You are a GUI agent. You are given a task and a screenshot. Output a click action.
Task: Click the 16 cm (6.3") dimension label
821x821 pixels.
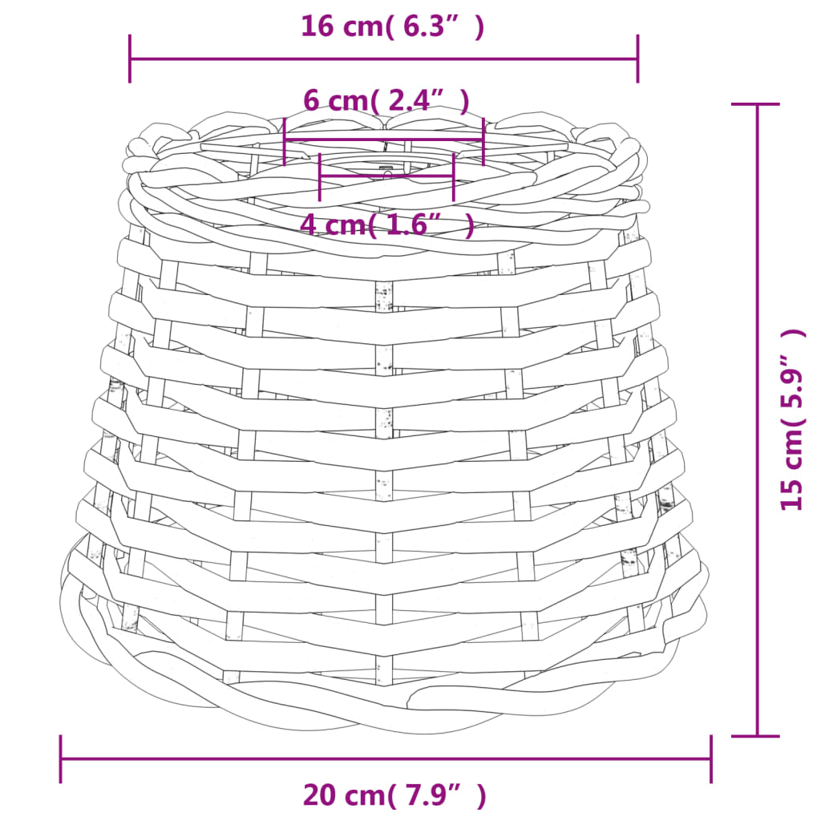(392, 26)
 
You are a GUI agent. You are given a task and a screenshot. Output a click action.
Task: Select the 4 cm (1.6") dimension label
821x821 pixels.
(386, 224)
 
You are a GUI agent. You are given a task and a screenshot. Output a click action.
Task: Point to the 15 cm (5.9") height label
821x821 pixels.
(792, 419)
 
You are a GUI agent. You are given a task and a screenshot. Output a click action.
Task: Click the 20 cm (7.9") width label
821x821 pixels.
(394, 795)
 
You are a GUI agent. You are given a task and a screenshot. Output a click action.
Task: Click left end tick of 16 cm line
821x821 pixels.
(130, 59)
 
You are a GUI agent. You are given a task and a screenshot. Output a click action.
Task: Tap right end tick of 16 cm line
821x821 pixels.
(637, 59)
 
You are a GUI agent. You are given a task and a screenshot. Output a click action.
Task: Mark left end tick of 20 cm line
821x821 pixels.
(61, 758)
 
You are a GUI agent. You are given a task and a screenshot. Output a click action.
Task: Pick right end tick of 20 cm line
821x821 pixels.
(710, 758)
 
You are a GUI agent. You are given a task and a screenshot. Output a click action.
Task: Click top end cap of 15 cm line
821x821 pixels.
(756, 104)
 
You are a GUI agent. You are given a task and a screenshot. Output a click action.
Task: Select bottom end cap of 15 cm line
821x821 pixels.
(756, 735)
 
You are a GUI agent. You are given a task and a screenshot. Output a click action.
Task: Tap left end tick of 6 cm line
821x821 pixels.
(285, 141)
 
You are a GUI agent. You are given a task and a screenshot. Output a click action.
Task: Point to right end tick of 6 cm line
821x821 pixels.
(483, 141)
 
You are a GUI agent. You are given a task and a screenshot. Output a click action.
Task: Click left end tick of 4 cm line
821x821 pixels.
(320, 176)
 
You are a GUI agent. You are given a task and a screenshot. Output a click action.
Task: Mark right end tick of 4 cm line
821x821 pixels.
(453, 176)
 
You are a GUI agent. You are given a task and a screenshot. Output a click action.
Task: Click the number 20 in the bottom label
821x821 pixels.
(318, 795)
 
